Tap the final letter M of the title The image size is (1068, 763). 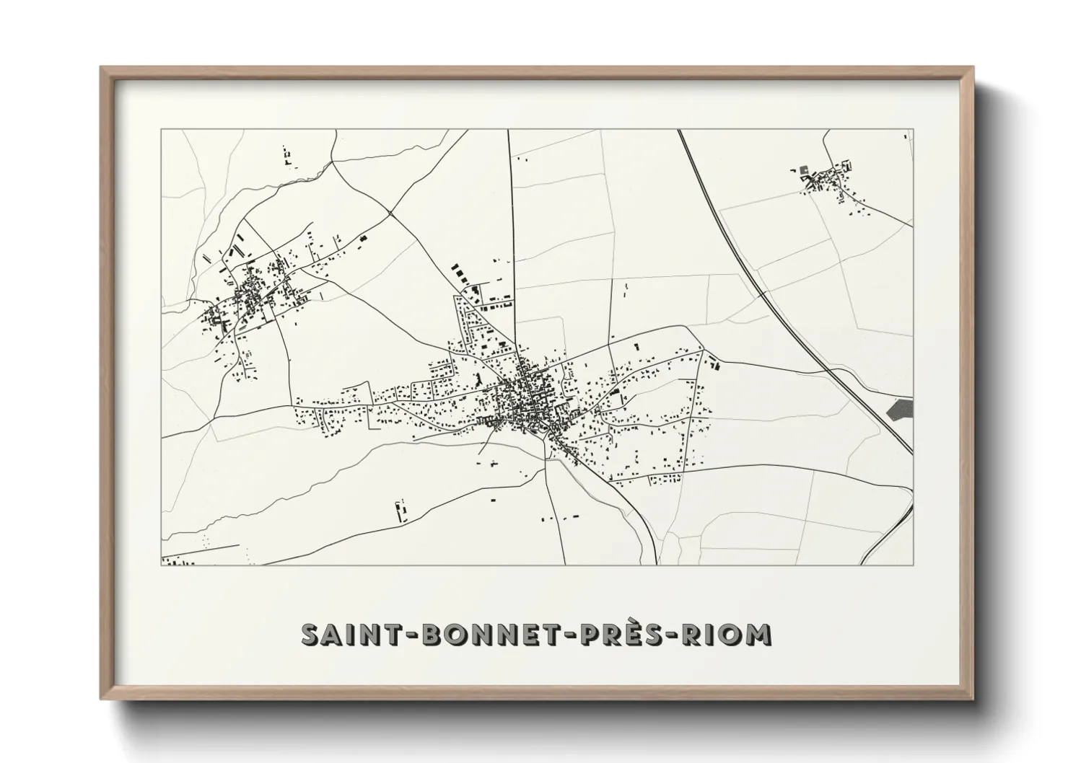click(757, 635)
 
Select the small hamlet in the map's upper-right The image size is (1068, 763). click(830, 180)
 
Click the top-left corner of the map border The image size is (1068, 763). click(161, 130)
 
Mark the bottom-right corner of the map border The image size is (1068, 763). click(913, 565)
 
